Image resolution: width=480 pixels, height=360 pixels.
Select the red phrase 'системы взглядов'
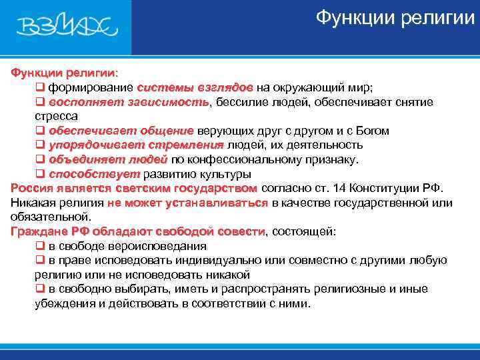[195, 87]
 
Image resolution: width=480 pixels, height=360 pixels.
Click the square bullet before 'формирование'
[39, 87]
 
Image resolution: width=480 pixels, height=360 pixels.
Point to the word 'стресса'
[56, 116]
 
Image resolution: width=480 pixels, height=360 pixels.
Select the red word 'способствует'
[85, 174]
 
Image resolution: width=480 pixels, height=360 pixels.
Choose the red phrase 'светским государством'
[199, 188]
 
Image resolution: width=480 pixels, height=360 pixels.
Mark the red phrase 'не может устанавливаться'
[187, 203]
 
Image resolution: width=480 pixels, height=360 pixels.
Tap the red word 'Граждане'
[37, 231]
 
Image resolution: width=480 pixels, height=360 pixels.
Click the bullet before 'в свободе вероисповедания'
[39, 246]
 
